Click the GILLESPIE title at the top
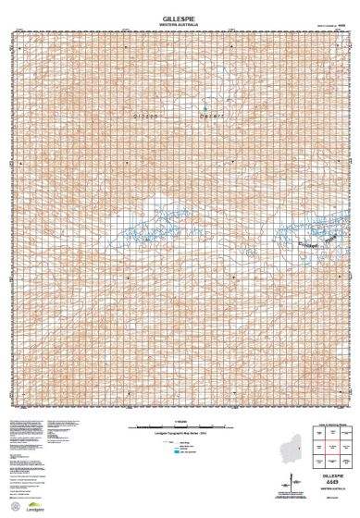tap(180, 16)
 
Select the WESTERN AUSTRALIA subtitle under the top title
tap(180, 23)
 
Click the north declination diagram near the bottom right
tap(292, 483)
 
